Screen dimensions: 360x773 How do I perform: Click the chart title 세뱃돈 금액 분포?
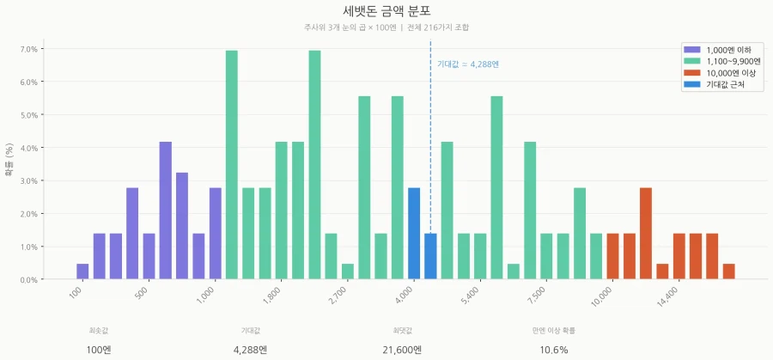pyautogui.click(x=386, y=11)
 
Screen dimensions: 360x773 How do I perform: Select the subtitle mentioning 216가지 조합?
pyautogui.click(x=386, y=27)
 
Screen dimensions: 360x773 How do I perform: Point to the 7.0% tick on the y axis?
pyautogui.click(x=28, y=49)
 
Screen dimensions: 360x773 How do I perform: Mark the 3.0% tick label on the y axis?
pyautogui.click(x=28, y=181)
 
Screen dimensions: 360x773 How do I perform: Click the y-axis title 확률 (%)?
pyautogui.click(x=9, y=159)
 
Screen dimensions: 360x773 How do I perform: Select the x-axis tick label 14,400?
pyautogui.click(x=666, y=296)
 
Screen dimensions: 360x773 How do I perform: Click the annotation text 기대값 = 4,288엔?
pyautogui.click(x=468, y=64)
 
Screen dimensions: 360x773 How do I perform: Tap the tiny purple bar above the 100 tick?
pyautogui.click(x=82, y=272)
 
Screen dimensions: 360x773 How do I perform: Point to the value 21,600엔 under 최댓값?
pyautogui.click(x=402, y=350)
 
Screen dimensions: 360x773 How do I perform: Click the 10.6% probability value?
pyautogui.click(x=554, y=350)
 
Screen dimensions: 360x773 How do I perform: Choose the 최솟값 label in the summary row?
pyautogui.click(x=99, y=330)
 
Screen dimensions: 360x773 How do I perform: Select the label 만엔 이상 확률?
pyautogui.click(x=554, y=330)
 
